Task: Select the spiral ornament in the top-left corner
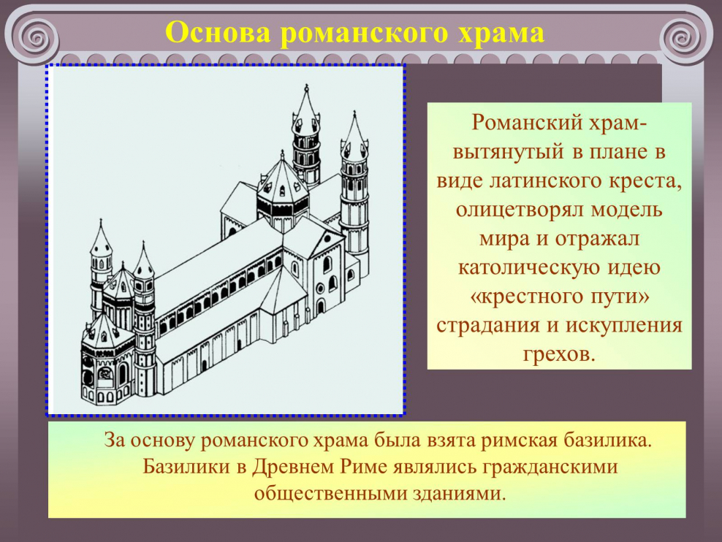tap(36, 35)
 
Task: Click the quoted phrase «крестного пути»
tap(559, 297)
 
